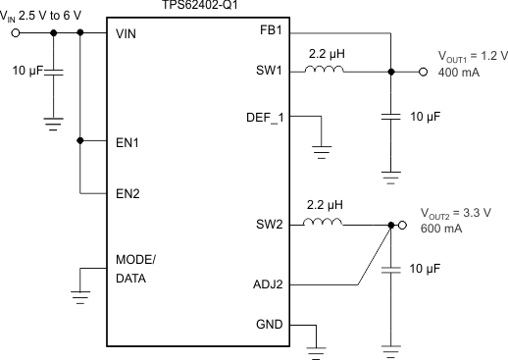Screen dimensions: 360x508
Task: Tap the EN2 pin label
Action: (127, 193)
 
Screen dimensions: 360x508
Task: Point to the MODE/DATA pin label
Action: (135, 268)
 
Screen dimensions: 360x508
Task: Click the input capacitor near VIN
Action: (55, 72)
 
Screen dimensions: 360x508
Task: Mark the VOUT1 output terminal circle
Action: (423, 72)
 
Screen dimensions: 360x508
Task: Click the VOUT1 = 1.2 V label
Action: (467, 58)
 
